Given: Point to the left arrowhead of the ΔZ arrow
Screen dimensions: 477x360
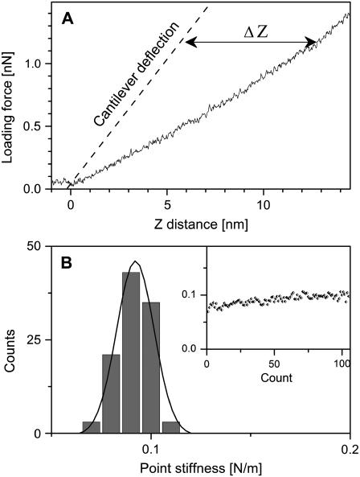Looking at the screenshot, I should (190, 43).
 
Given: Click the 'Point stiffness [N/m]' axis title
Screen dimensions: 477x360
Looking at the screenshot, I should (200, 467).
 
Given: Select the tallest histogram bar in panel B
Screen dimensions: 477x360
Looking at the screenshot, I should (130, 354).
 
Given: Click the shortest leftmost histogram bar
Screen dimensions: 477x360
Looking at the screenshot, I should (91, 427).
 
